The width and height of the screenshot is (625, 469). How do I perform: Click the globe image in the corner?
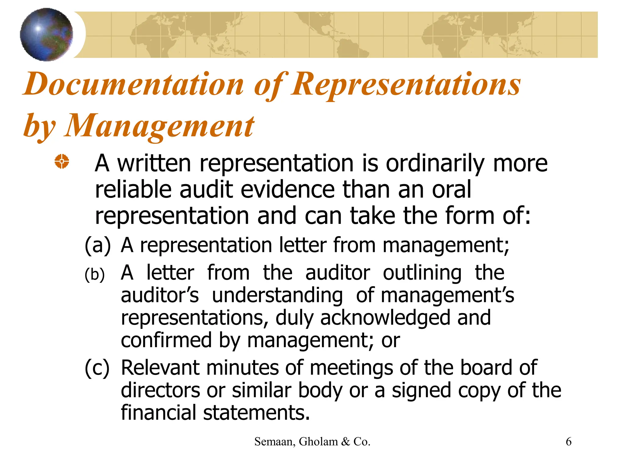(x=46, y=35)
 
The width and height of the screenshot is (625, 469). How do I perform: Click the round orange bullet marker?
(x=62, y=161)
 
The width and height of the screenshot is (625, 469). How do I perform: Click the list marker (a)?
(x=97, y=245)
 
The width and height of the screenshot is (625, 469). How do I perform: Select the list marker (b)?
(x=95, y=274)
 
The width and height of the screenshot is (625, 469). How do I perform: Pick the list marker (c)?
(x=97, y=368)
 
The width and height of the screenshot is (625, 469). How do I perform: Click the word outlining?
(x=422, y=273)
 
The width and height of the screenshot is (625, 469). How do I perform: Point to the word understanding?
(x=277, y=296)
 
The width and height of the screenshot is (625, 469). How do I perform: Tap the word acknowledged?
(x=385, y=318)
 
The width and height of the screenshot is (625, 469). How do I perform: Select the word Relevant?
(x=160, y=368)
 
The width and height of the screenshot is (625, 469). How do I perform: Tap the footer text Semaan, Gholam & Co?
(x=312, y=442)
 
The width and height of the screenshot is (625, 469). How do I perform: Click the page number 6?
(x=569, y=442)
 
